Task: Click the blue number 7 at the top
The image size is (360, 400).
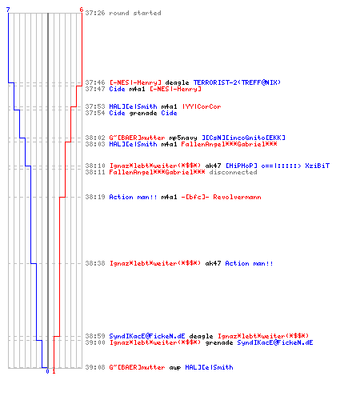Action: (x=8, y=10)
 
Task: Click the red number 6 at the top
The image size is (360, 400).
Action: (x=82, y=10)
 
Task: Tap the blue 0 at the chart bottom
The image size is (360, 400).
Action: (x=47, y=371)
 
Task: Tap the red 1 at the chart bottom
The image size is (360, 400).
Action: (x=54, y=371)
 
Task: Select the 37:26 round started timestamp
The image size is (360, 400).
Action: (x=95, y=13)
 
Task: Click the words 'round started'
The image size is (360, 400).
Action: (x=135, y=13)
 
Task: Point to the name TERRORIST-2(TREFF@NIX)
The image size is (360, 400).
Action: (x=237, y=82)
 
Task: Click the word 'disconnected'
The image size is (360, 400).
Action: (x=233, y=172)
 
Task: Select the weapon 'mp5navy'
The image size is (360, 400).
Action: (x=183, y=138)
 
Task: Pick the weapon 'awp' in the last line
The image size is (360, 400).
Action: (x=175, y=367)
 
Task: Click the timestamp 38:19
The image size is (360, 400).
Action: (x=95, y=197)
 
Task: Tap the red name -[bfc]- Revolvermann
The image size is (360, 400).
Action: (x=221, y=197)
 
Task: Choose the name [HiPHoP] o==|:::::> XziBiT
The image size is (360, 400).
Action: (x=278, y=166)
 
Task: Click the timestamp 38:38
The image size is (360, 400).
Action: (x=95, y=263)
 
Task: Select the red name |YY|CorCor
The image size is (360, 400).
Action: (x=202, y=106)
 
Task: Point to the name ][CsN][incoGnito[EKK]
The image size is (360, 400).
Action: (x=243, y=138)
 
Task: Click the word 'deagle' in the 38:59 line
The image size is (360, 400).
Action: (x=201, y=336)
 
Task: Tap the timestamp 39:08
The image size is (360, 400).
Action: (x=95, y=367)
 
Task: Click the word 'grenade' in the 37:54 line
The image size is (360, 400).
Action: (x=143, y=114)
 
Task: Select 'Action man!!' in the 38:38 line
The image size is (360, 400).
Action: (x=249, y=263)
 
